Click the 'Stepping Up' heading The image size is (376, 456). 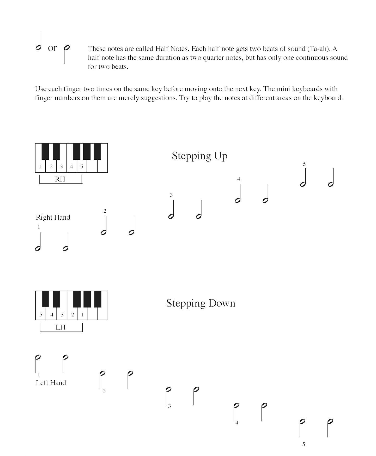coord(199,156)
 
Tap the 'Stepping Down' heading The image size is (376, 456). coord(201,303)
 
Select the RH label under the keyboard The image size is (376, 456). coord(60,179)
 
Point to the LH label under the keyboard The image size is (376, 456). coord(60,327)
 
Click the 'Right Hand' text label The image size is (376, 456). coord(53,218)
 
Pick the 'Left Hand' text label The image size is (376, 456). coord(51,383)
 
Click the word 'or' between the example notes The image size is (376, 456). coord(52,48)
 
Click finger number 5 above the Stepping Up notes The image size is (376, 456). coord(304,164)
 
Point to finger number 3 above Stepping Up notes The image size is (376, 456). coord(171,195)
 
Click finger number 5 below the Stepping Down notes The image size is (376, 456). coord(304,444)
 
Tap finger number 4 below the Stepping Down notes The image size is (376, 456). coord(237,423)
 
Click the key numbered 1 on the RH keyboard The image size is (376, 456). coord(40,167)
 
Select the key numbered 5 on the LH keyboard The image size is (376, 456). coord(41,315)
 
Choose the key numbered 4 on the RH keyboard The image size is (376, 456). coord(71,167)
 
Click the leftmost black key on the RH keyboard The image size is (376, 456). coord(45,151)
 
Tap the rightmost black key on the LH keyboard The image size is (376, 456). coord(98,299)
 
